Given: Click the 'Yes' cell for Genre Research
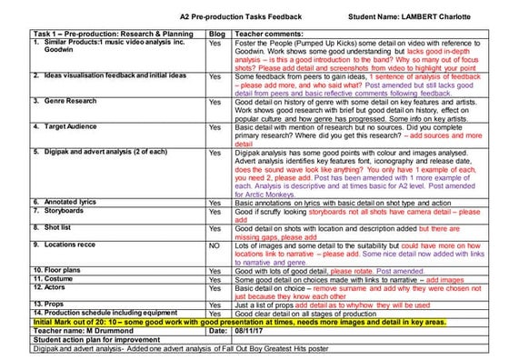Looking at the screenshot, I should point(215,102).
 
